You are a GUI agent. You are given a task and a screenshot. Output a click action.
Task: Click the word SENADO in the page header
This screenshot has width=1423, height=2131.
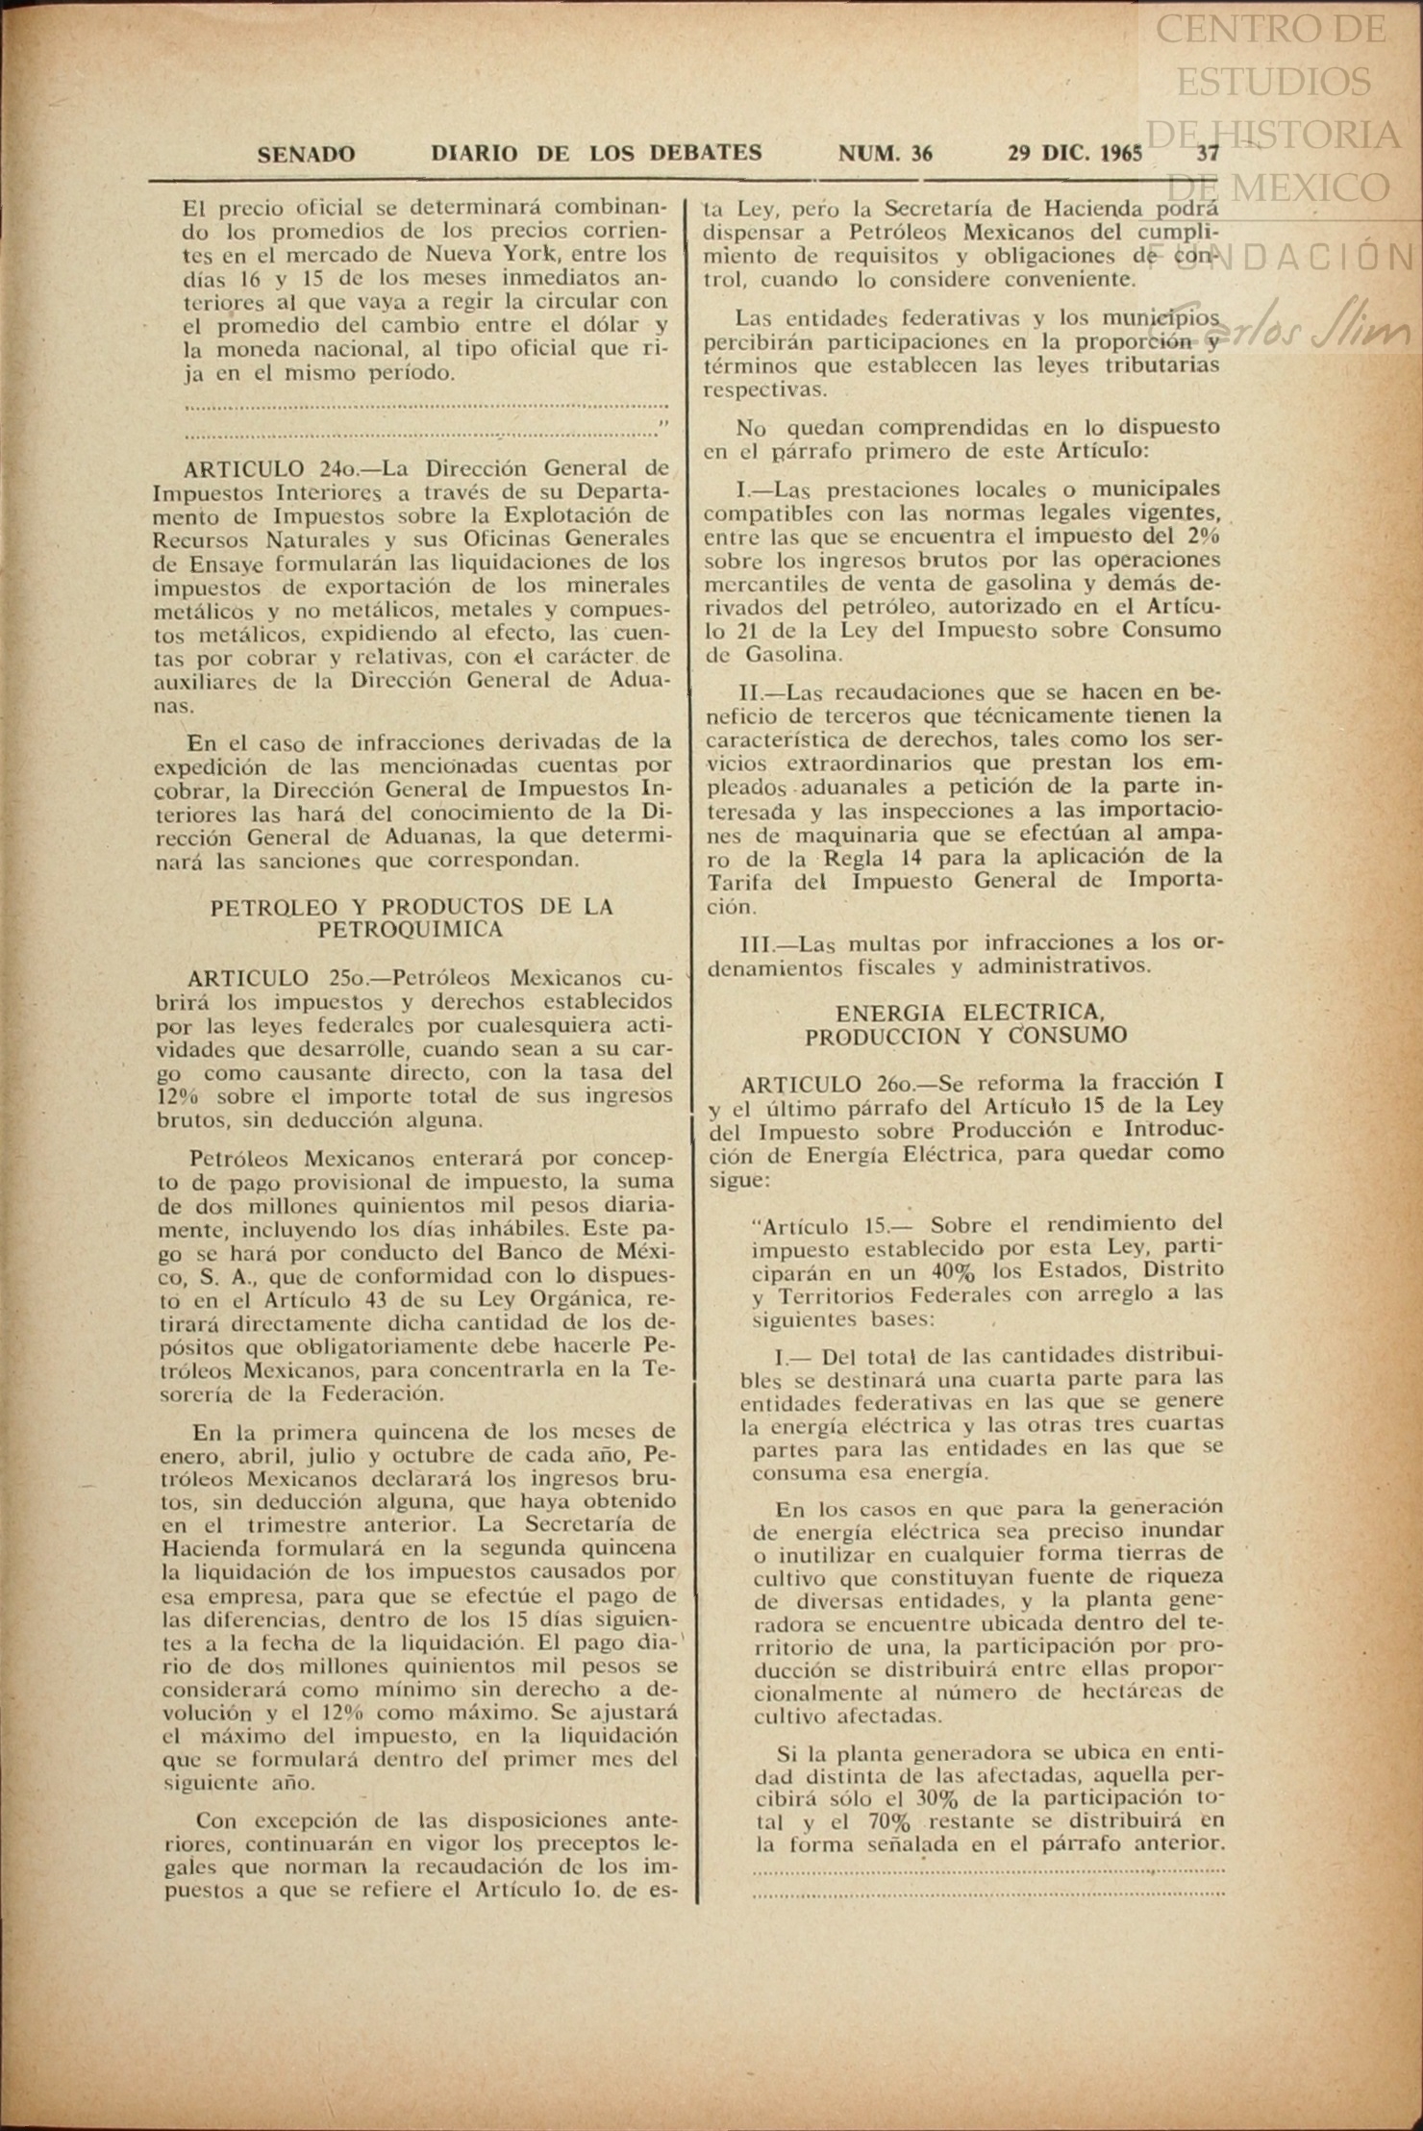306,154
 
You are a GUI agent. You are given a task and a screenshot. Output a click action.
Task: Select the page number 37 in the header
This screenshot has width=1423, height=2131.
1208,153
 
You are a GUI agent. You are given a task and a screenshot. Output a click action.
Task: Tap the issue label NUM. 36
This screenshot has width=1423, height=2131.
885,153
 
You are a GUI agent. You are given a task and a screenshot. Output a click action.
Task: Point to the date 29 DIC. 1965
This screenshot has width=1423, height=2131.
1075,153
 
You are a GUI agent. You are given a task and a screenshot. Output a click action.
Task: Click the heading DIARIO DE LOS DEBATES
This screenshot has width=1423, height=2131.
596,153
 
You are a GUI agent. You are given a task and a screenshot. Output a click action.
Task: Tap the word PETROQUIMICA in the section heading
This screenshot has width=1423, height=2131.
411,930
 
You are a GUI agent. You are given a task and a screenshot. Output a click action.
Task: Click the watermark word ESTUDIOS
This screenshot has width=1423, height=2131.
1273,81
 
